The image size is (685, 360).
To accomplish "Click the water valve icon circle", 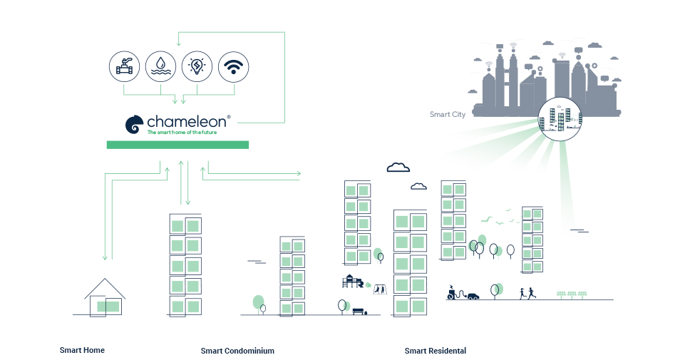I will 125,67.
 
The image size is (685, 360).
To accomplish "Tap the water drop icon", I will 161,67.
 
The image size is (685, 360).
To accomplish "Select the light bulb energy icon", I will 197,67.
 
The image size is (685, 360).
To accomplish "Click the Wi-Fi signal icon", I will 233,67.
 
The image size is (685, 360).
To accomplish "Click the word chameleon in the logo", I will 188,121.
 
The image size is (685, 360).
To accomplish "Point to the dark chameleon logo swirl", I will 135,125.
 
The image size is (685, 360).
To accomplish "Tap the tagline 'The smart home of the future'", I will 182,133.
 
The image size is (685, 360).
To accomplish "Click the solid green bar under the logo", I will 177,145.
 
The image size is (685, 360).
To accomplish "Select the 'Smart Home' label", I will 82,350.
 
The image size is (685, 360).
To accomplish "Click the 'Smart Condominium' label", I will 237,351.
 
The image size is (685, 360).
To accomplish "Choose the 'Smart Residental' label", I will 435,351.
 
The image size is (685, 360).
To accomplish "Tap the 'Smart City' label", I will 448,114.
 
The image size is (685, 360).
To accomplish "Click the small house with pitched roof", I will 105,298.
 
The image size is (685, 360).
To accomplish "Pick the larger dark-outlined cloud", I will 398,168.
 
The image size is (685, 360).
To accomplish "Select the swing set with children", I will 381,288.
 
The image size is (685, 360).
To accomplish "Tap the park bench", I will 358,312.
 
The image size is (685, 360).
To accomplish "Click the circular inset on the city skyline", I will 560,118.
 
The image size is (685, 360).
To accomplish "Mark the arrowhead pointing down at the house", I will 105,257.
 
